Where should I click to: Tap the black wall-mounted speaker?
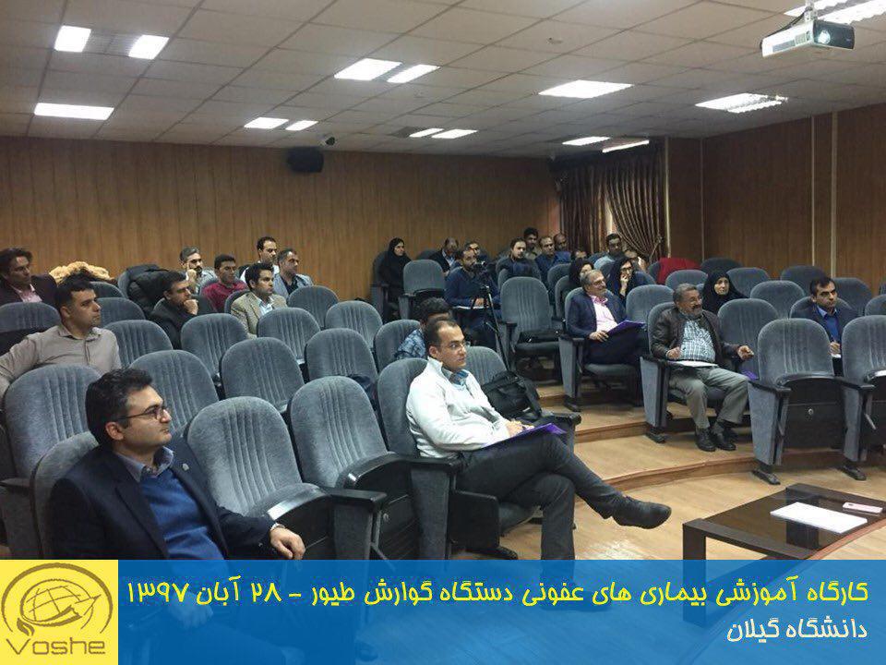coord(305,160)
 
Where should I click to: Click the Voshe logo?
coord(58,611)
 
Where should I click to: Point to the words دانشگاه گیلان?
coord(796,630)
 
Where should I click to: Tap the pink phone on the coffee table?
coord(862,507)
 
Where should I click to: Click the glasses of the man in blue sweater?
coord(149,414)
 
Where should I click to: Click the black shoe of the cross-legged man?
coord(641,512)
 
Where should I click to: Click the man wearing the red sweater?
coord(223,281)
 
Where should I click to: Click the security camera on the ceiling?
coord(328,139)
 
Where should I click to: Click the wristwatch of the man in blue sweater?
coord(275,528)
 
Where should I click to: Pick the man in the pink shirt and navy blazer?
coord(600,317)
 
